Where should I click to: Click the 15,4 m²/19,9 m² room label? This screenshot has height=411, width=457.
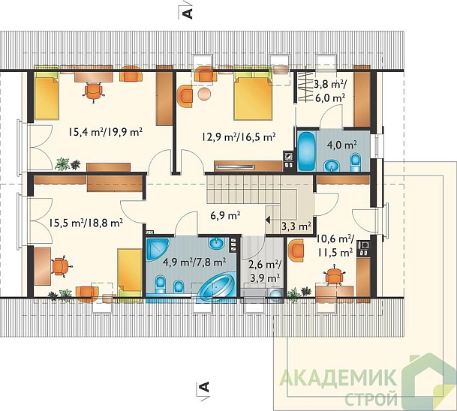tap(106, 133)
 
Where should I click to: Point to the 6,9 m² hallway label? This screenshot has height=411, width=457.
tap(224, 215)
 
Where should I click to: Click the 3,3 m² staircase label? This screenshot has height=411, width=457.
tap(295, 225)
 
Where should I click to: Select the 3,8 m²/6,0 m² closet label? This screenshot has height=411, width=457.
tap(329, 90)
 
